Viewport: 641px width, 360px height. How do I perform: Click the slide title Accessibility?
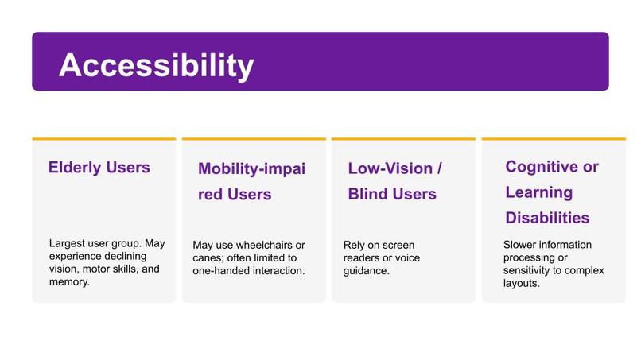coord(156,66)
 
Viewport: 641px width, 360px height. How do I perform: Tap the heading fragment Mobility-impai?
coord(251,168)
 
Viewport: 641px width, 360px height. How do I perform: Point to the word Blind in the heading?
coord(371,194)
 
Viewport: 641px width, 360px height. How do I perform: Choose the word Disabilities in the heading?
coord(547,217)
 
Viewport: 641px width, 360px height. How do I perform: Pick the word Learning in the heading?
coord(538,192)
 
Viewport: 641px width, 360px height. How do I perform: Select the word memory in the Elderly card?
coord(68,282)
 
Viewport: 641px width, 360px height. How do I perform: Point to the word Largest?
coord(67,244)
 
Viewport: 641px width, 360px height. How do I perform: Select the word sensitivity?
coord(528,270)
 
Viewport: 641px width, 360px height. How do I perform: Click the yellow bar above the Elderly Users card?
coord(103,139)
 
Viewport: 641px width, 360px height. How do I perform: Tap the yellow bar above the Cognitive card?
coord(553,139)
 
